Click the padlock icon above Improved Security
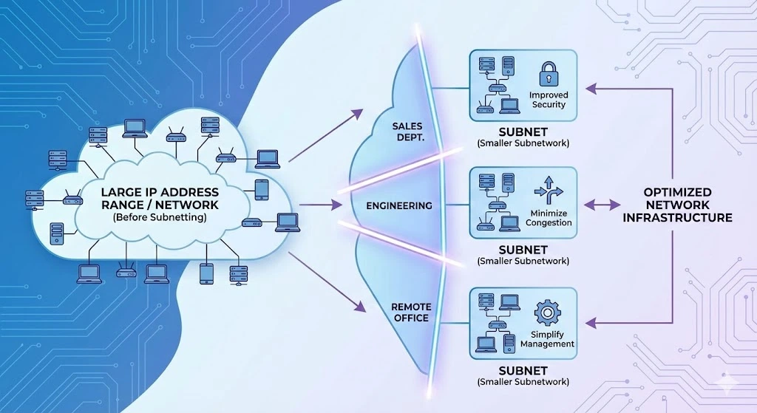pyautogui.click(x=548, y=75)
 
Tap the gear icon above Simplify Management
pyautogui.click(x=547, y=313)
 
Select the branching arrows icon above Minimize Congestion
pyautogui.click(x=549, y=191)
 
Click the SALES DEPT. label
pyautogui.click(x=407, y=132)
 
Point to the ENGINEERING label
pyautogui.click(x=399, y=205)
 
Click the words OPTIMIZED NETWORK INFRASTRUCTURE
pyautogui.click(x=677, y=205)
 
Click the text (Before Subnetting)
pyautogui.click(x=160, y=218)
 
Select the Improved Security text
pyautogui.click(x=549, y=100)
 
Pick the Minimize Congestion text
pyautogui.click(x=549, y=218)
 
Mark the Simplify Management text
pyautogui.click(x=547, y=339)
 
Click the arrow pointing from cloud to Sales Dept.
pyautogui.click(x=325, y=135)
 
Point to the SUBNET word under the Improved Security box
pyautogui.click(x=523, y=131)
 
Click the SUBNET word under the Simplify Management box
pyautogui.click(x=523, y=369)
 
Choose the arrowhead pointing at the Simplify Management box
pyautogui.click(x=590, y=323)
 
